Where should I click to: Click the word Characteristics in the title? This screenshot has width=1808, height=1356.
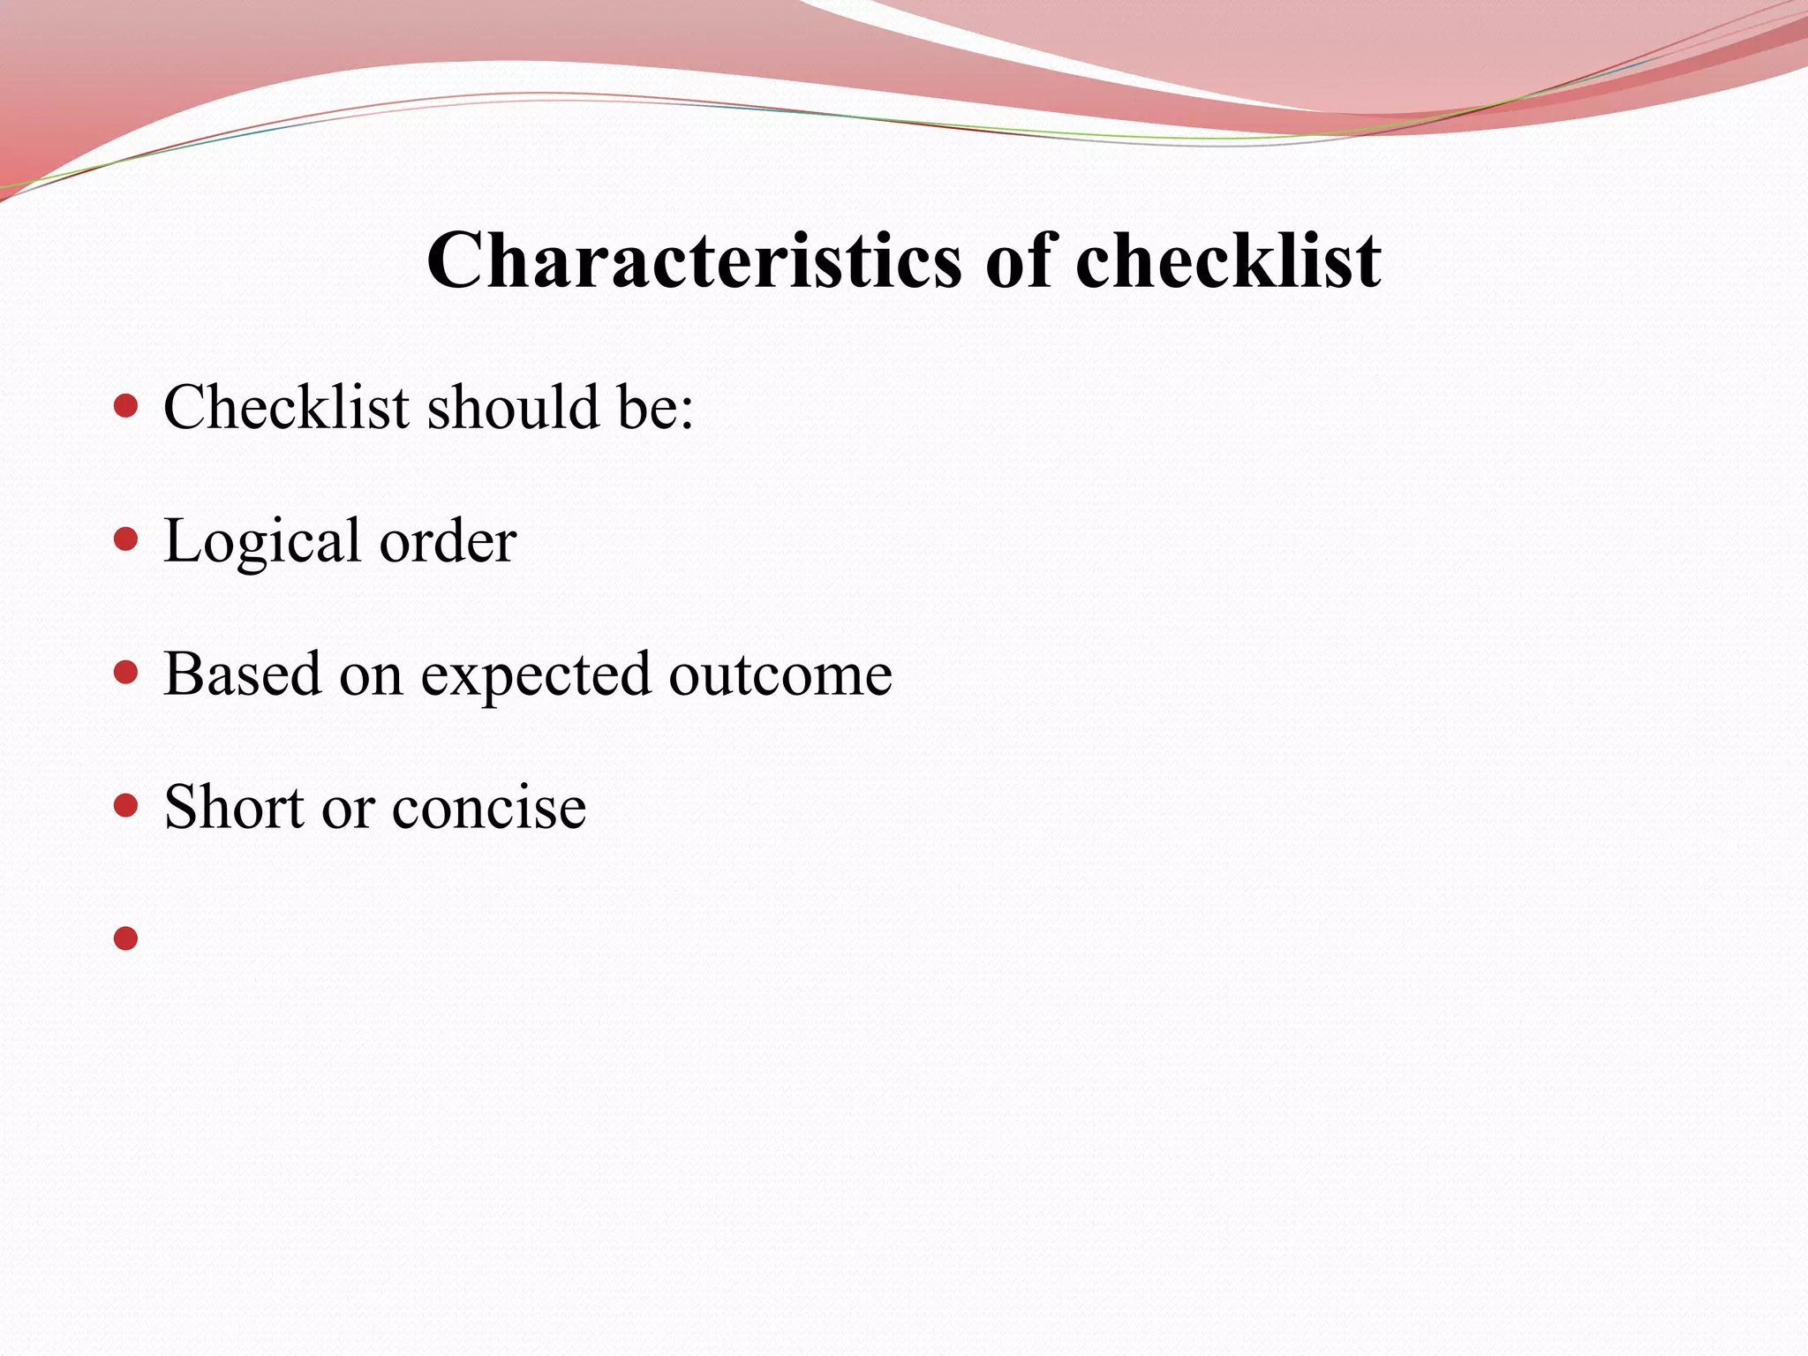694,260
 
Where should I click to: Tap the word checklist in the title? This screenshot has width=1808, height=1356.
1228,260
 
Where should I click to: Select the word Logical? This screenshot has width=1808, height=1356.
262,542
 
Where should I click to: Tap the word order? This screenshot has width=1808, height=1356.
448,540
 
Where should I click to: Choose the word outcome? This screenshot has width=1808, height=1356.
780,675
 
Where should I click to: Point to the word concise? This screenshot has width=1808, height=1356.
489,808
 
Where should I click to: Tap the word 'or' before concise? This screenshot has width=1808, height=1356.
348,809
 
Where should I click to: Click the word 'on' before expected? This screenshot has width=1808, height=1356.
371,676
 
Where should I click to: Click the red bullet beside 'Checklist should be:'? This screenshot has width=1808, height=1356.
126,406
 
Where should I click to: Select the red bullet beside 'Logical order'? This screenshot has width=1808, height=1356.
126,539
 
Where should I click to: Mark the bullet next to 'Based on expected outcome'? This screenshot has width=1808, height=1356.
126,673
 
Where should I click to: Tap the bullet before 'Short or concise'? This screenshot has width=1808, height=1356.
126,805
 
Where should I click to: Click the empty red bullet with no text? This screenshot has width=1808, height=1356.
126,938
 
